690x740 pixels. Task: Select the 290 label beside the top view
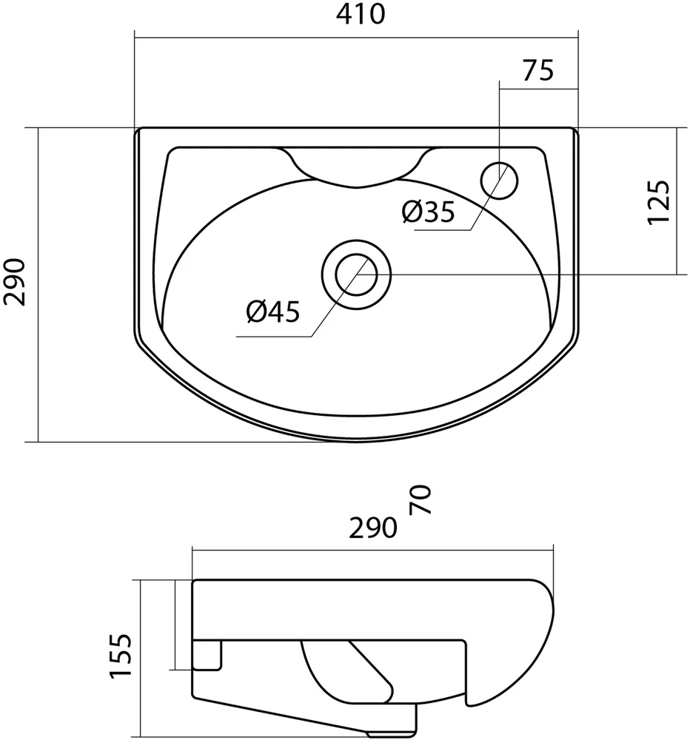click(x=16, y=283)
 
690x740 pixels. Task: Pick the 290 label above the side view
click(x=374, y=528)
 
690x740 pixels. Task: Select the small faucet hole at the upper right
click(x=500, y=180)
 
